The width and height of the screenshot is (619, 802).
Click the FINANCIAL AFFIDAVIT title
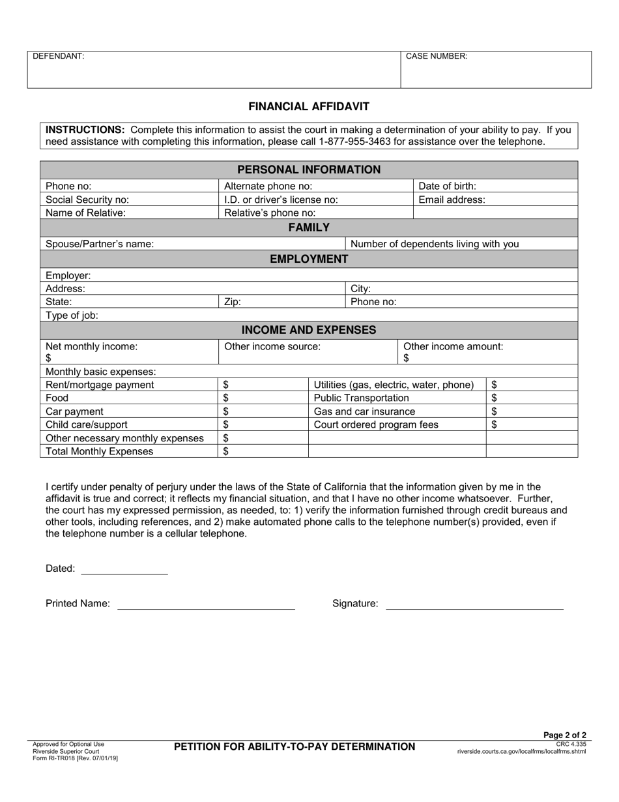(x=309, y=106)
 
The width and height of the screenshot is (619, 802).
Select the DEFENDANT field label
(x=59, y=57)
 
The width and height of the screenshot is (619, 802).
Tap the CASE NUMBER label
(x=437, y=57)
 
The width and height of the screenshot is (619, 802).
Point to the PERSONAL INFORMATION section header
(x=309, y=170)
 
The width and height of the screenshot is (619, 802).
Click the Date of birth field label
(x=447, y=186)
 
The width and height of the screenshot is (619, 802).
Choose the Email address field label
(x=452, y=200)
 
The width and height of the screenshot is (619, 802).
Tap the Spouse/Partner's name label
(x=100, y=244)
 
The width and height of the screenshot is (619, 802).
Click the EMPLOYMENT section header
(x=309, y=259)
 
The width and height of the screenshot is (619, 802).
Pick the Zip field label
(x=233, y=302)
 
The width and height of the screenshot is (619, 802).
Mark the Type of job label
(x=72, y=316)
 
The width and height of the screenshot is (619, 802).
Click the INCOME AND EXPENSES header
(x=309, y=330)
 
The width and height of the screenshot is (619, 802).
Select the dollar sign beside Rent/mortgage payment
(x=226, y=385)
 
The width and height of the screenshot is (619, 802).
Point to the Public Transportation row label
(x=362, y=398)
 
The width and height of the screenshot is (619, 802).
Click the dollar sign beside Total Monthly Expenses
(x=226, y=451)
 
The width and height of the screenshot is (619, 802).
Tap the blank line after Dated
(x=124, y=569)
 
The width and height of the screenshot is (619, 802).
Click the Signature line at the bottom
(x=474, y=604)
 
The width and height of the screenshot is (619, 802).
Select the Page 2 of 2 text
(x=565, y=735)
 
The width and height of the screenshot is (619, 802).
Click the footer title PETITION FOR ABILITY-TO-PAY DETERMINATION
(x=295, y=747)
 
